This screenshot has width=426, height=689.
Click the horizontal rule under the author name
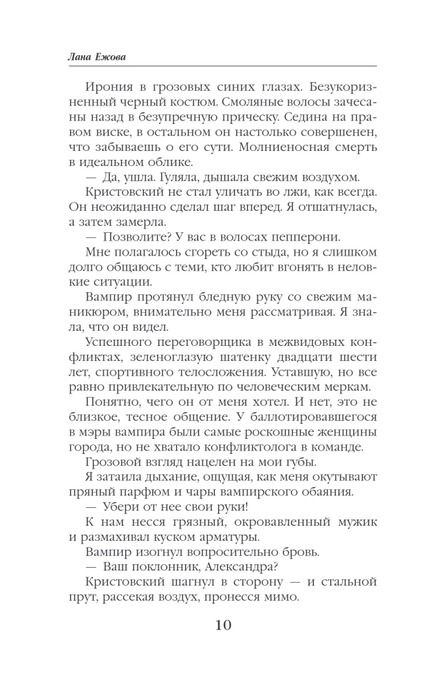(213, 68)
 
